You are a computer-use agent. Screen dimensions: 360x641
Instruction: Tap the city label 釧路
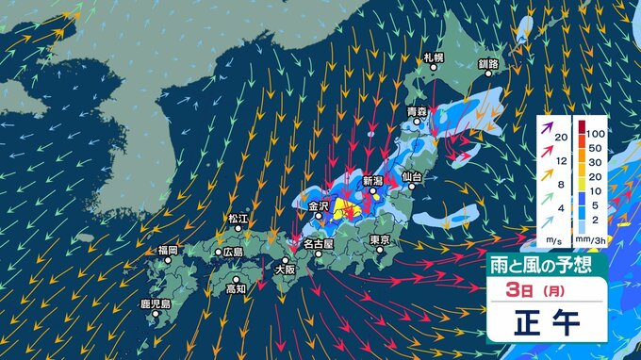click(x=488, y=64)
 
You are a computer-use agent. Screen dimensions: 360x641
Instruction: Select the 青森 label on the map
click(x=417, y=112)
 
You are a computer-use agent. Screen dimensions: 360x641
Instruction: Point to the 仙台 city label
click(x=410, y=176)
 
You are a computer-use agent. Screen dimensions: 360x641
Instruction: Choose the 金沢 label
click(x=317, y=205)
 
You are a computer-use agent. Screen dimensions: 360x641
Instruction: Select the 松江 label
click(x=237, y=219)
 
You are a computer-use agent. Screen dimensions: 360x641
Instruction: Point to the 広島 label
click(x=232, y=253)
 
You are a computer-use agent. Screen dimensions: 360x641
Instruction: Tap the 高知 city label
click(x=236, y=288)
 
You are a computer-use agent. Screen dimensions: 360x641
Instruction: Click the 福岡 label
click(x=168, y=251)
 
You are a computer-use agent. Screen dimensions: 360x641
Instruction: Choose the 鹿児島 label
click(x=155, y=304)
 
